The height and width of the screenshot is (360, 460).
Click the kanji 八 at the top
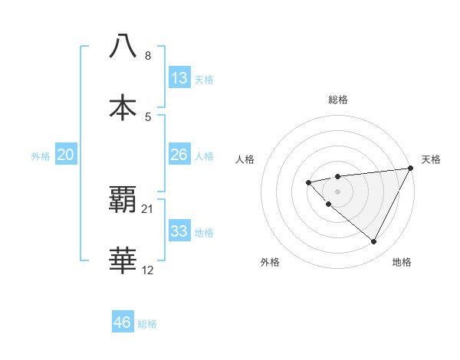(x=123, y=47)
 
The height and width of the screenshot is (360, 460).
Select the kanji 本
(x=123, y=107)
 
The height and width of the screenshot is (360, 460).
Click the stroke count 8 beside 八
(x=148, y=56)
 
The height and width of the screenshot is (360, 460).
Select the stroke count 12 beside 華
(x=148, y=270)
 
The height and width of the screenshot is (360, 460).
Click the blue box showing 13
(x=179, y=78)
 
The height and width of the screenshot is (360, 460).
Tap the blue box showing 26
(x=179, y=155)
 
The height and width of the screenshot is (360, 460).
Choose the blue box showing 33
(x=179, y=231)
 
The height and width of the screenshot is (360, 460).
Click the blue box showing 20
(x=66, y=155)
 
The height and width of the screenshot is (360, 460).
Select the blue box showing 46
(x=123, y=322)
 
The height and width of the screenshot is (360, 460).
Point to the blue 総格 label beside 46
(x=147, y=324)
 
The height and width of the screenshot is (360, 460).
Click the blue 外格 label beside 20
(x=41, y=156)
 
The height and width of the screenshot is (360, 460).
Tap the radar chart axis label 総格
(x=337, y=100)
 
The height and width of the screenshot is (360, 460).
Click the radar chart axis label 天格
(x=432, y=159)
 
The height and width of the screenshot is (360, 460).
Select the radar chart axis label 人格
(x=245, y=159)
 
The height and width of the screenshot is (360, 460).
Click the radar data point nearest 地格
(x=374, y=242)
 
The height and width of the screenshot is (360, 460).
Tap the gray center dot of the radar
(x=337, y=191)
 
